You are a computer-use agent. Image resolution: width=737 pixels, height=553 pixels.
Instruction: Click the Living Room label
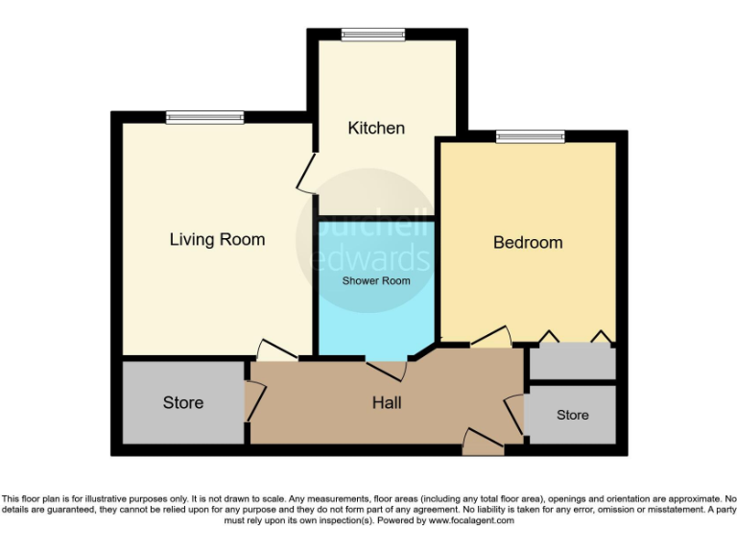[217, 239]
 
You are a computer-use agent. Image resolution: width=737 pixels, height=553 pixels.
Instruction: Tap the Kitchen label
[376, 128]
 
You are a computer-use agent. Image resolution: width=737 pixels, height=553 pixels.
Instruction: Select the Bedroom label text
[528, 242]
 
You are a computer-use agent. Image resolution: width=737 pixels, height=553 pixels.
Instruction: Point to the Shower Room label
[377, 281]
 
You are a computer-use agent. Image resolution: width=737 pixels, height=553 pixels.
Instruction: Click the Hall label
[387, 402]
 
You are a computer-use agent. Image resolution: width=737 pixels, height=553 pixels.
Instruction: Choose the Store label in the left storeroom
[182, 402]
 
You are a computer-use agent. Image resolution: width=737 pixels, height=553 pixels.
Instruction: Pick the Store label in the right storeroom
[573, 415]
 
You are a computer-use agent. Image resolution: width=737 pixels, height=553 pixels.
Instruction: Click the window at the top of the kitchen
[374, 36]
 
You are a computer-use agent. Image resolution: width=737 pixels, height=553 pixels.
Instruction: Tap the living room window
[204, 118]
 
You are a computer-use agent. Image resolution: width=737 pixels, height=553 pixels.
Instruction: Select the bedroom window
[530, 137]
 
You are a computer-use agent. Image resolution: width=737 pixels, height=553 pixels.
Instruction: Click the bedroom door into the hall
[490, 338]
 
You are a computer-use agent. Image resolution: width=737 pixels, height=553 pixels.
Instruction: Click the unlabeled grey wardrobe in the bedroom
[573, 362]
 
